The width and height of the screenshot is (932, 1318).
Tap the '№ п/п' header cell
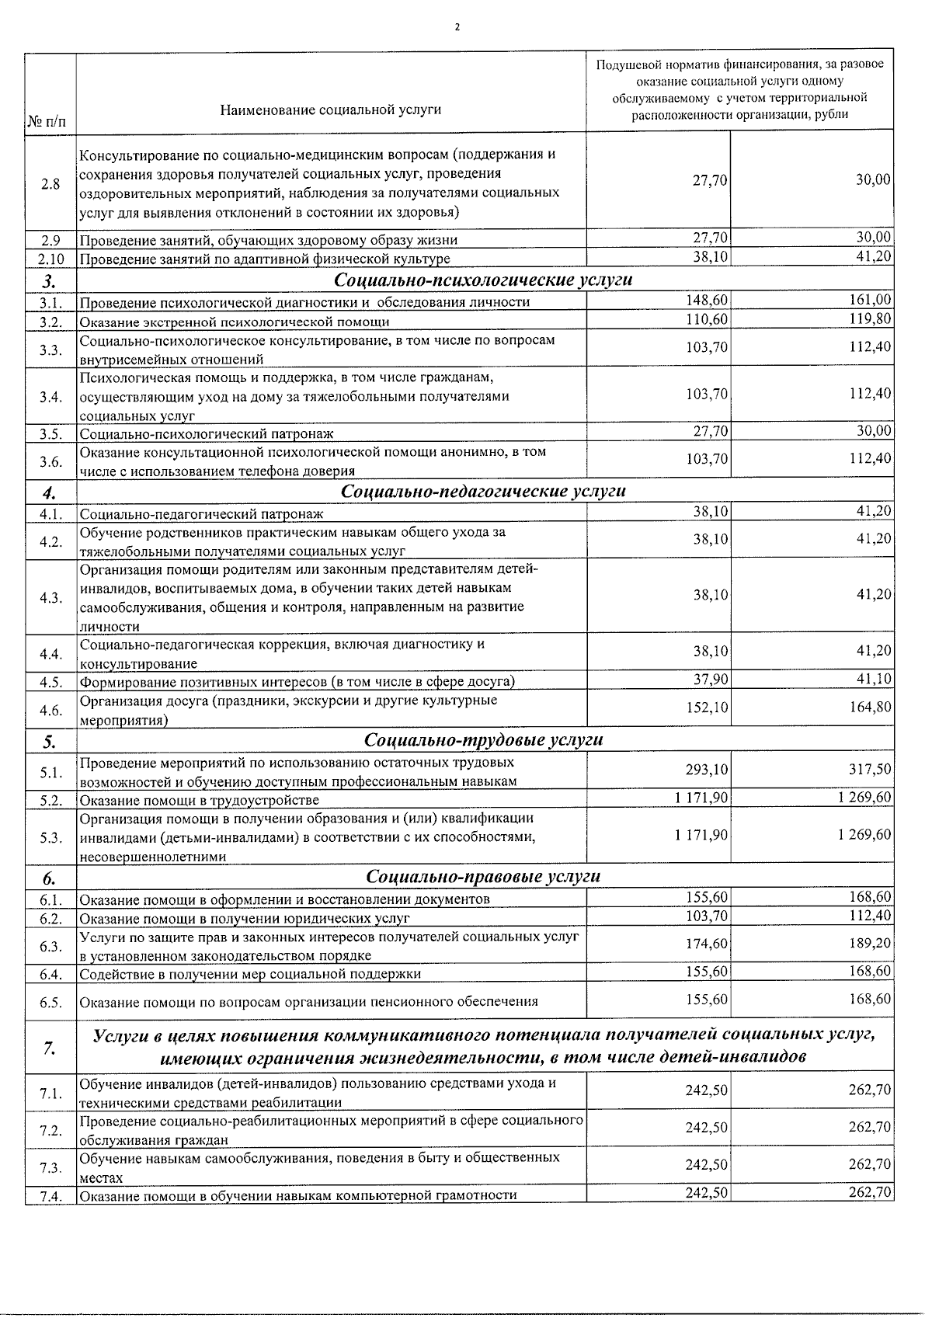pyautogui.click(x=47, y=122)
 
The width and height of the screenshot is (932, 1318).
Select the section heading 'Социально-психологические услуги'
pyautogui.click(x=483, y=280)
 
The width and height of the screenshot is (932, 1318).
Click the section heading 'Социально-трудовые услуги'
pyautogui.click(x=483, y=739)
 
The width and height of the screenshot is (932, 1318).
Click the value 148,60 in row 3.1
pyautogui.click(x=707, y=301)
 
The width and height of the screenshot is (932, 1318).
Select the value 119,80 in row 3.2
pyautogui.click(x=870, y=319)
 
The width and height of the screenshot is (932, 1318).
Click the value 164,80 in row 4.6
pyautogui.click(x=870, y=707)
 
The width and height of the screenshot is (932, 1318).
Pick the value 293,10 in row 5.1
pyautogui.click(x=707, y=770)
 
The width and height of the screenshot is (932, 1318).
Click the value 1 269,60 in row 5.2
pyautogui.click(x=864, y=798)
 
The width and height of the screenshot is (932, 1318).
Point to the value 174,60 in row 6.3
pyautogui.click(x=707, y=944)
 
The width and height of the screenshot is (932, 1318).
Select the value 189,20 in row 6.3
pyautogui.click(x=870, y=944)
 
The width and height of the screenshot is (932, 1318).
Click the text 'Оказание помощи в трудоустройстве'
pyautogui.click(x=200, y=800)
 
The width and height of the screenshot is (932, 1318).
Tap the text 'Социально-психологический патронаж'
pyautogui.click(x=207, y=433)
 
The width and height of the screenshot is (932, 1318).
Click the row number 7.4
pyautogui.click(x=50, y=1197)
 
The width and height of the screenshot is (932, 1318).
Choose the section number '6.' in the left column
pyautogui.click(x=49, y=878)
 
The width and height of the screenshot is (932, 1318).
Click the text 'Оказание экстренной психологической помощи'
pyautogui.click(x=235, y=322)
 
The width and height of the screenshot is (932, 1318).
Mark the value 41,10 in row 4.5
pyautogui.click(x=874, y=680)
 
